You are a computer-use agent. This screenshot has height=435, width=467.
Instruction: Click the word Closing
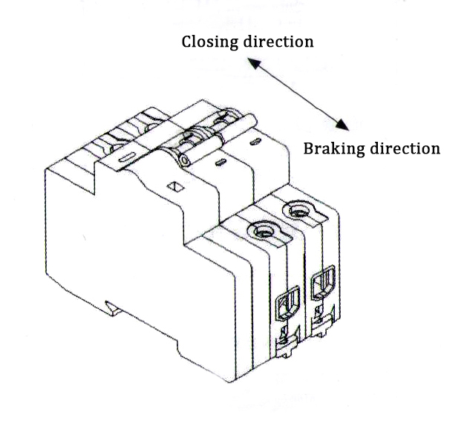(x=209, y=42)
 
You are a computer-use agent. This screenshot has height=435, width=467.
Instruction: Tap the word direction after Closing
(x=278, y=42)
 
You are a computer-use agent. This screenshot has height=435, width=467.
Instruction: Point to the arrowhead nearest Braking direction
(x=344, y=124)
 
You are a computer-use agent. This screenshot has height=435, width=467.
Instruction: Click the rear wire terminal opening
(x=322, y=283)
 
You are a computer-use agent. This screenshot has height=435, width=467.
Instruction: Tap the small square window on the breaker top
(x=175, y=186)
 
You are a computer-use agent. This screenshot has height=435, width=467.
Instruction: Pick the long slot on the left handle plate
(x=126, y=156)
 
